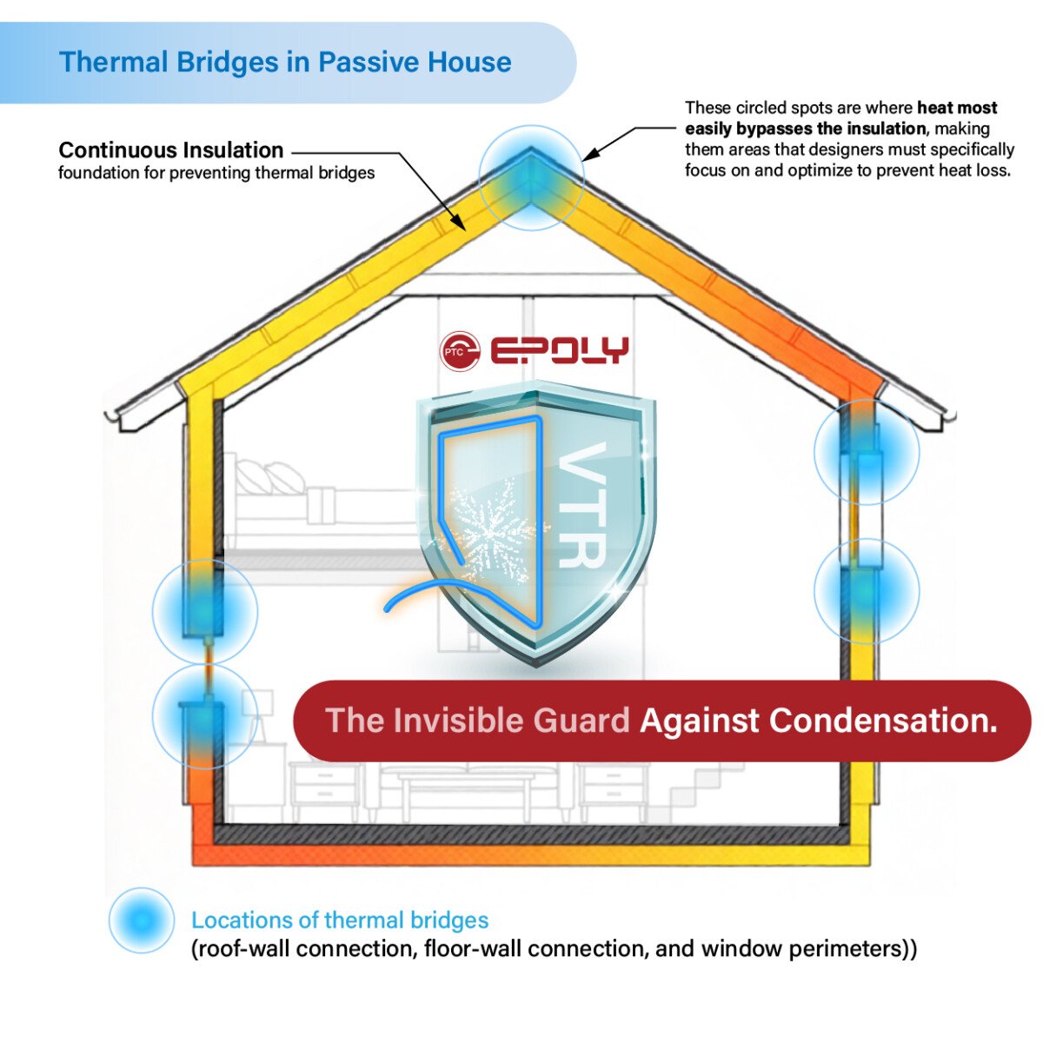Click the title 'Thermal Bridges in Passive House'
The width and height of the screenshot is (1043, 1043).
click(x=285, y=62)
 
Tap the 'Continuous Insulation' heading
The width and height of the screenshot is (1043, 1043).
click(x=171, y=149)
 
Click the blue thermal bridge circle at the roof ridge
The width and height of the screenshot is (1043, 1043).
click(x=532, y=178)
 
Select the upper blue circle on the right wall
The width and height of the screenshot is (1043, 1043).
click(x=867, y=452)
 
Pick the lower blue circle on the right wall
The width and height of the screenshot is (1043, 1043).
click(x=867, y=592)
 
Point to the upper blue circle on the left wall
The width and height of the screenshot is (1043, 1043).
click(x=205, y=612)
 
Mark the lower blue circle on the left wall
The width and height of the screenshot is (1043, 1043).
click(x=205, y=716)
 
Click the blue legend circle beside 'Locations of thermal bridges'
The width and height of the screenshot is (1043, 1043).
click(x=142, y=920)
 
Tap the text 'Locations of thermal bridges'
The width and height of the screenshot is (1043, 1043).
click(x=340, y=920)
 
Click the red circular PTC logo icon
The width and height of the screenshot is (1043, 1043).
click(x=460, y=351)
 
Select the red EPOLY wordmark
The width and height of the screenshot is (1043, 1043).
click(x=559, y=349)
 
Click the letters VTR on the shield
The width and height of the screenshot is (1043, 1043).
click(x=581, y=505)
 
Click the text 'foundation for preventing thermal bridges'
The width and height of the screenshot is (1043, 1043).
click(x=216, y=173)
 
